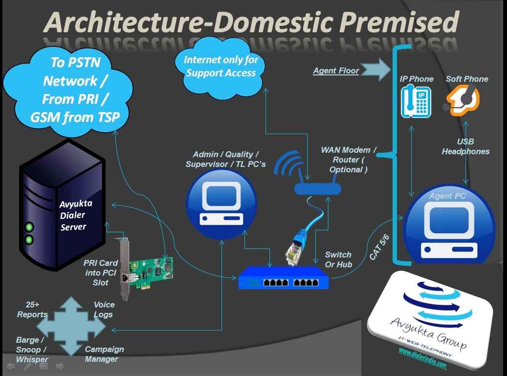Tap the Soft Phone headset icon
point(463,100)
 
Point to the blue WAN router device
point(317,188)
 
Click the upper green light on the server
point(29,227)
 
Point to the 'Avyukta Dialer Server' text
point(72,215)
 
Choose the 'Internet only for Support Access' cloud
point(221,67)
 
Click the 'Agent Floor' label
point(336,70)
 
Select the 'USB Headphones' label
point(465,146)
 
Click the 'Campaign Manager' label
point(104,354)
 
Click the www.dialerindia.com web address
point(422,358)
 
